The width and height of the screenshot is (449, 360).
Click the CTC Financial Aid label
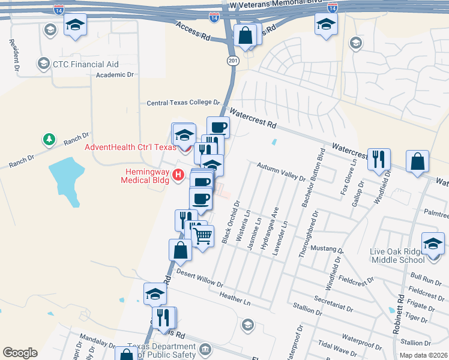pos(85,64)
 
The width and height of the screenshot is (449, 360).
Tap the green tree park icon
pos(48,140)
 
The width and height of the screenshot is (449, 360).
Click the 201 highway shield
pos(233,61)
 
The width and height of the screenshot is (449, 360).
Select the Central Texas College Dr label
pos(184,103)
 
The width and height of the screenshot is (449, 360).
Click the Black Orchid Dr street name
pos(231,221)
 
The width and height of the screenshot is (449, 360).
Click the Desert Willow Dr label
pos(200,279)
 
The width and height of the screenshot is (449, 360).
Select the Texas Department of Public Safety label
pos(168,351)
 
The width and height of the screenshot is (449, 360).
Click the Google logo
pos(20,353)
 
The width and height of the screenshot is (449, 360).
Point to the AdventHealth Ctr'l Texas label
pos(130,147)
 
